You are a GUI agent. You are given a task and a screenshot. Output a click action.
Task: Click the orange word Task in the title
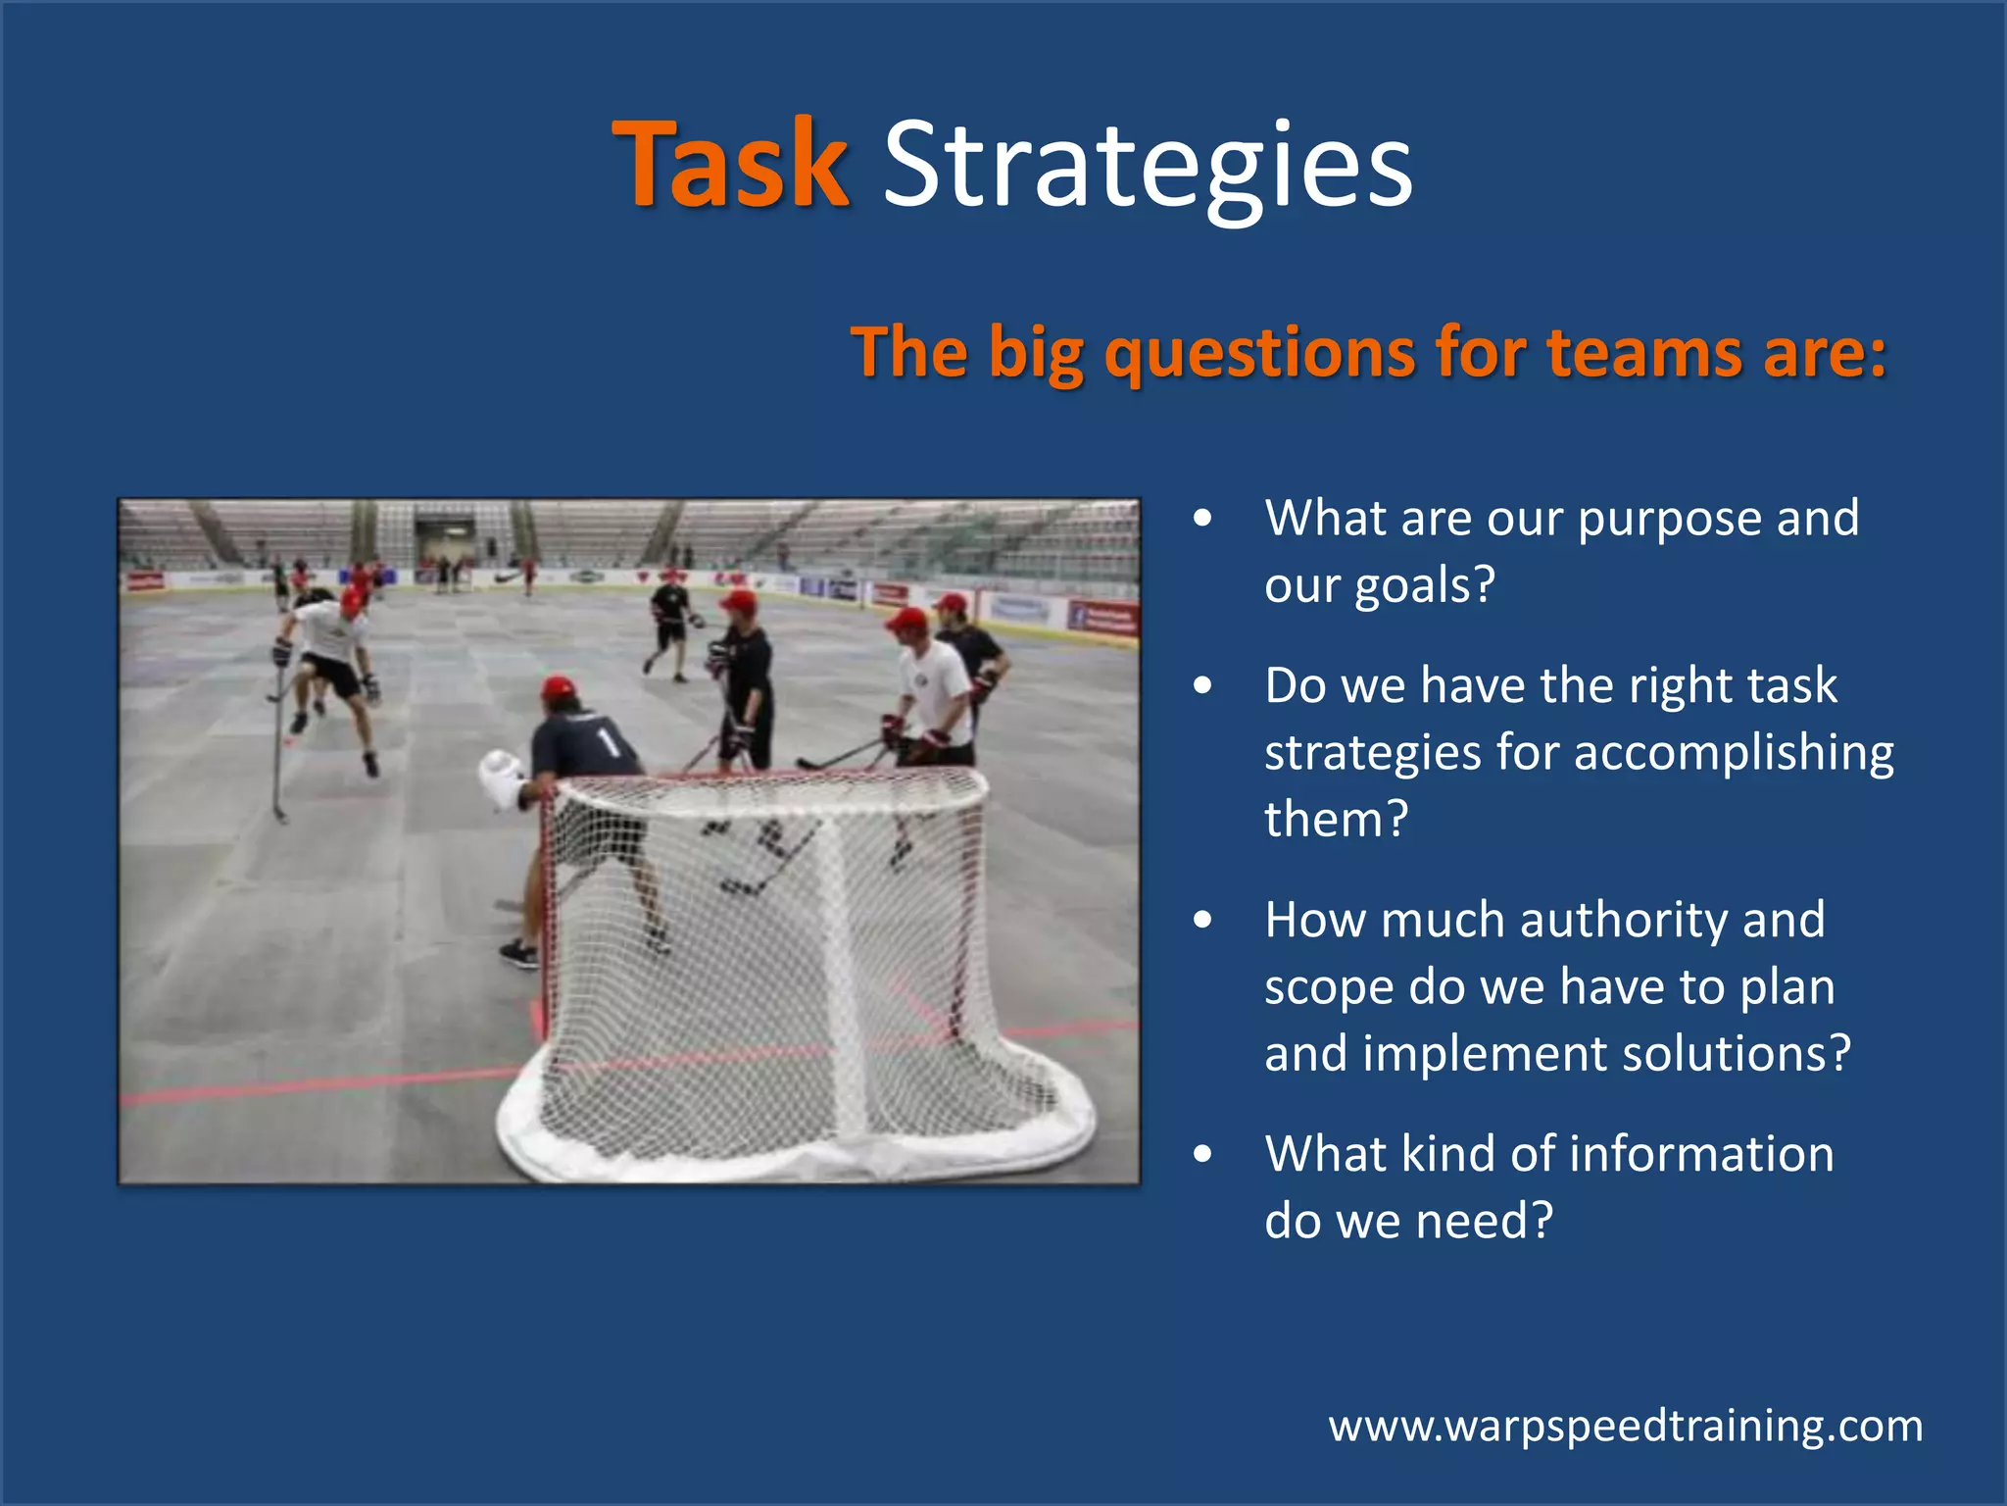(x=730, y=164)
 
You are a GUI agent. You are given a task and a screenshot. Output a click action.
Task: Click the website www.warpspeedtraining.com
(x=1625, y=1426)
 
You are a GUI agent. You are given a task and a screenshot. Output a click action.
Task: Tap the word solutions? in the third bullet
(x=1737, y=1054)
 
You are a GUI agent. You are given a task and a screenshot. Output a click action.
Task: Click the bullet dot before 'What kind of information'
(x=1203, y=1154)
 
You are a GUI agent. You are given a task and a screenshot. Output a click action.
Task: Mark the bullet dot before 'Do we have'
(x=1203, y=685)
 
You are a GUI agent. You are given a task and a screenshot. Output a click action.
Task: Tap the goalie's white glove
(x=501, y=777)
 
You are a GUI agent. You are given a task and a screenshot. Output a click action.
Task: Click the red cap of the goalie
(x=559, y=686)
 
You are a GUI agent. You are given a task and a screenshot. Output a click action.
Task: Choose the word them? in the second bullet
(x=1336, y=820)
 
